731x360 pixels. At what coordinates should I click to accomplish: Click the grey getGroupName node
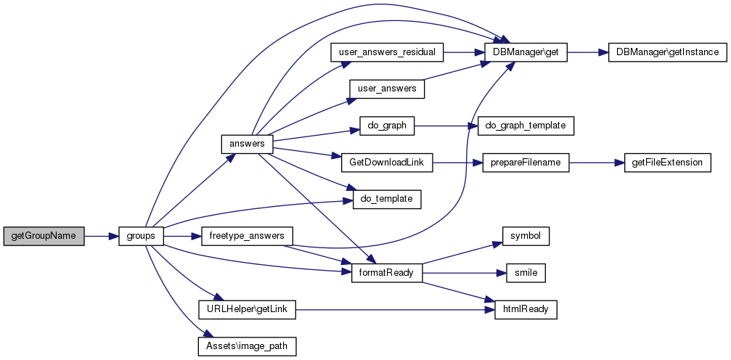(44, 237)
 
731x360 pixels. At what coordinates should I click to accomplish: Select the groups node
(142, 237)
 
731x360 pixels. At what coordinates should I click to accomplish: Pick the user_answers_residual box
(387, 52)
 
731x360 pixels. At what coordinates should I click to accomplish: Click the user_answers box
(387, 89)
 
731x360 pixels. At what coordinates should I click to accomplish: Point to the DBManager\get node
(526, 52)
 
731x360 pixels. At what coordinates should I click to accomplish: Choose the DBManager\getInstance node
(667, 52)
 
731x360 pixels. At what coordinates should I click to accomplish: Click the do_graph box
(387, 126)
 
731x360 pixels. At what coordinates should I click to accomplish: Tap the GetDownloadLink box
(387, 163)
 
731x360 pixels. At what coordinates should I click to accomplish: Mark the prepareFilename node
(526, 163)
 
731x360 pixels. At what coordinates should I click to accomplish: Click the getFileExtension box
(667, 163)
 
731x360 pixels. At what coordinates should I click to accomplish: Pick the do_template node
(387, 199)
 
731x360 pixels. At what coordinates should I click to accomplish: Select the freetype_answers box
(247, 237)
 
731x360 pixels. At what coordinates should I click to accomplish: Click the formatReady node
(387, 273)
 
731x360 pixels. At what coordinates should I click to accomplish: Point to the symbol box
(526, 236)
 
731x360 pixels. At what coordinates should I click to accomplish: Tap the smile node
(526, 273)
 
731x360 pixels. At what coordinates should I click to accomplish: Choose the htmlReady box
(526, 310)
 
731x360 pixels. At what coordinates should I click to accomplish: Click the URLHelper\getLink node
(247, 310)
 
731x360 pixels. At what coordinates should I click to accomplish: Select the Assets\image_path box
(247, 346)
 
